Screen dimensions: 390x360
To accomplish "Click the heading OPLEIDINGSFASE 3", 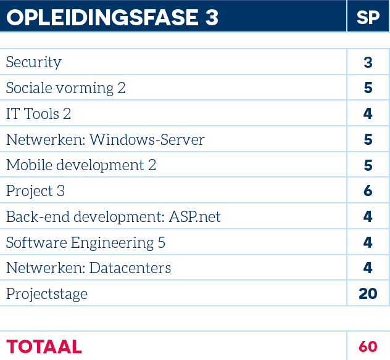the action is pyautogui.click(x=112, y=17).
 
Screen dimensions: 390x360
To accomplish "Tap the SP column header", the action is pyautogui.click(x=368, y=17).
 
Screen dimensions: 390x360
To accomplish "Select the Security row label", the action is pyautogui.click(x=33, y=62).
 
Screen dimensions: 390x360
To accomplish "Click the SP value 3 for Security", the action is pyautogui.click(x=368, y=62).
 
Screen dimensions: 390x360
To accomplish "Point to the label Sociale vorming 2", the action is pyautogui.click(x=65, y=88).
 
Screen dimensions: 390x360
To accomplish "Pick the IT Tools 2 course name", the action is pyautogui.click(x=38, y=114).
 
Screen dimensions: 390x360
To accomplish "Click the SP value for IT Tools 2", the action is pyautogui.click(x=368, y=114).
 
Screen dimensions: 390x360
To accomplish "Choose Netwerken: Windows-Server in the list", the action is pyautogui.click(x=106, y=140).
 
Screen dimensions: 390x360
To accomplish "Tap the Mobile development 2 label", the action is pyautogui.click(x=81, y=165).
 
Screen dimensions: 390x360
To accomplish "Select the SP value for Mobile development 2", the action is pyautogui.click(x=368, y=165).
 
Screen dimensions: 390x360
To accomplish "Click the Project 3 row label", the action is pyautogui.click(x=35, y=191).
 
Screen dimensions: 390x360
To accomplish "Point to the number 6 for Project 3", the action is pyautogui.click(x=368, y=191).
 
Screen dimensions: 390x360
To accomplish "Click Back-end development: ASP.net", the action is pyautogui.click(x=114, y=216).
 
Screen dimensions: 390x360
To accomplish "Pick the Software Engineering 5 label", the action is pyautogui.click(x=86, y=243).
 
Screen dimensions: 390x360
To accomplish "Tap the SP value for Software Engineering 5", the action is pyautogui.click(x=368, y=242).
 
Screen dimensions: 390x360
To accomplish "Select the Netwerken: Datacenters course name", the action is pyautogui.click(x=88, y=268).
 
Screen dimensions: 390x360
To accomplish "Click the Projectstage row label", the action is pyautogui.click(x=47, y=294).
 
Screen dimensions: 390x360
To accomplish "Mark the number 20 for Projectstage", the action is pyautogui.click(x=368, y=293).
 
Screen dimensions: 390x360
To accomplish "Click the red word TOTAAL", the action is pyautogui.click(x=44, y=346).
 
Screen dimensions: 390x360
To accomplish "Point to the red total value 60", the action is pyautogui.click(x=368, y=346).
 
